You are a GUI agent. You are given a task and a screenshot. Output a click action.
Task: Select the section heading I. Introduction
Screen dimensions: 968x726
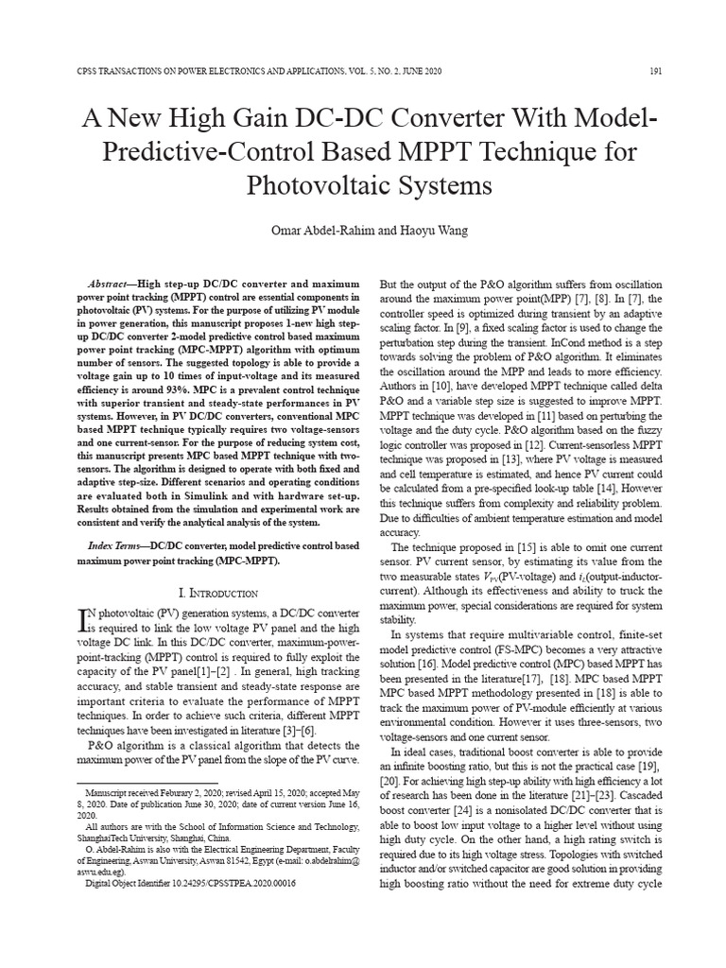click(x=218, y=593)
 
